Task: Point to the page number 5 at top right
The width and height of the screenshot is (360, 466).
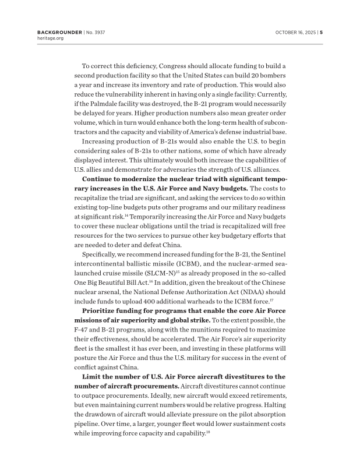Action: tap(322, 32)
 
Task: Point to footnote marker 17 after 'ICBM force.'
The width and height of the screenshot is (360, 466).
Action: tap(271, 300)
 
